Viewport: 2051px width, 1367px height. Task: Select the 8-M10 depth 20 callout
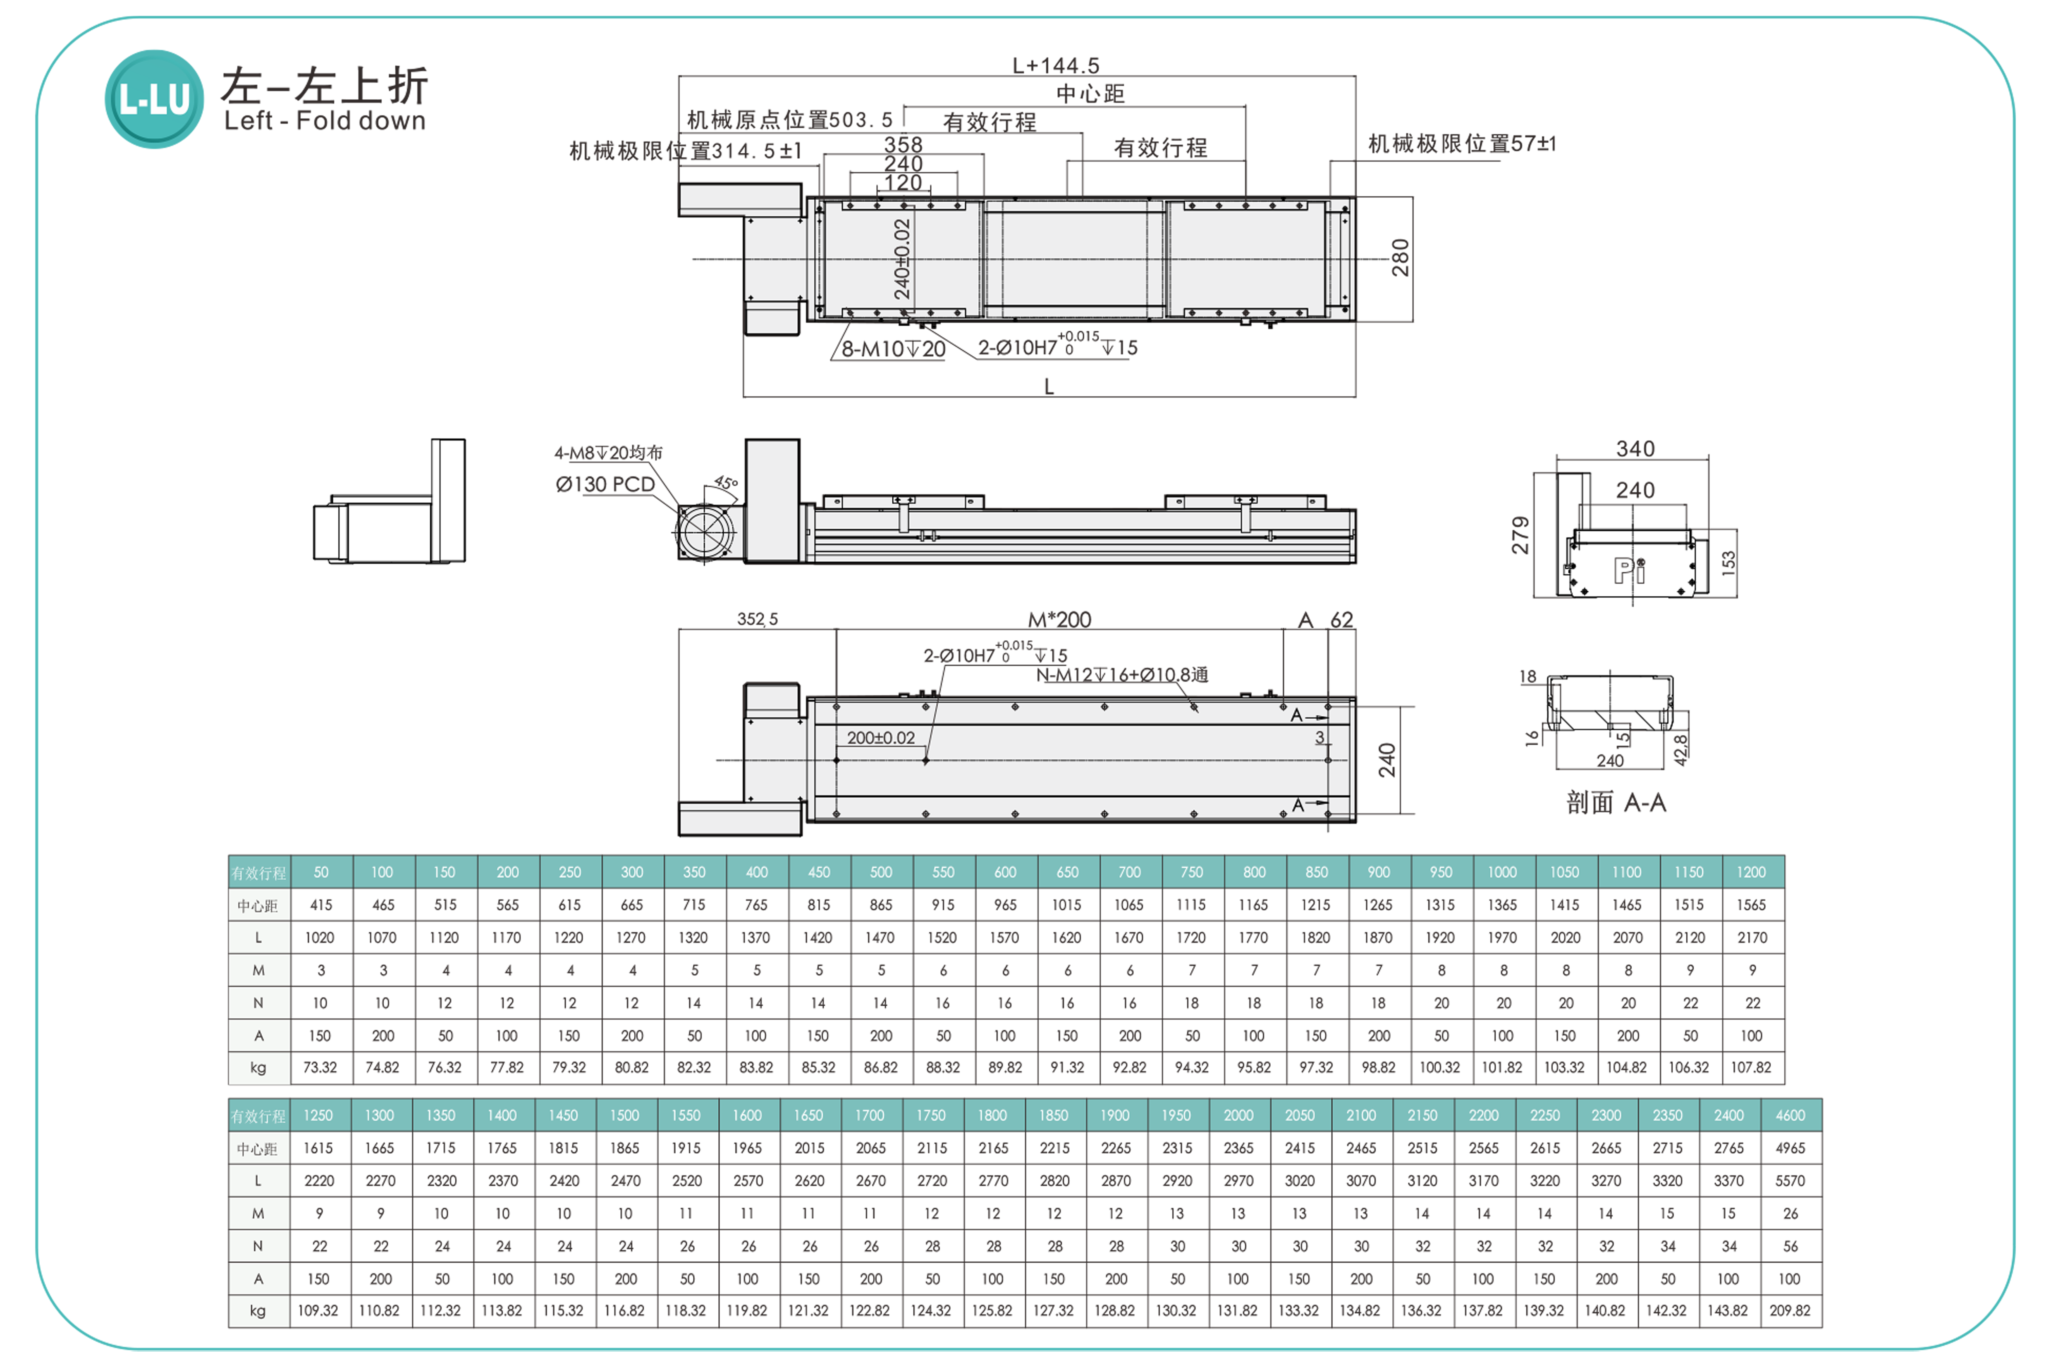click(893, 349)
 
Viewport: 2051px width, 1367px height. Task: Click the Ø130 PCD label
click(605, 484)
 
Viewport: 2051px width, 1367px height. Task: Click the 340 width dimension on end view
click(1635, 449)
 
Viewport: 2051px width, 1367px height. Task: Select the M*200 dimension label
click(1059, 620)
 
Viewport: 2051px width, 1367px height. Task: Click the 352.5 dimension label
click(757, 619)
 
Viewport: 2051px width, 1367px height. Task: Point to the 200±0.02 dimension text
click(881, 737)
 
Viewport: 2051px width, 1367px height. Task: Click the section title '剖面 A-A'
click(1616, 802)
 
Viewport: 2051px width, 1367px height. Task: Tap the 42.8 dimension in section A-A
click(1680, 750)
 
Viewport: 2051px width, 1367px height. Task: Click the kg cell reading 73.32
click(320, 1067)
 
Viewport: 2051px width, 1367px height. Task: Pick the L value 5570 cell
click(1790, 1181)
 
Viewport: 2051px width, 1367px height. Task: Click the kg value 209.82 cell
click(1790, 1310)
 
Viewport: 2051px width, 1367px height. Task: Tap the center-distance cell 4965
click(1790, 1148)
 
